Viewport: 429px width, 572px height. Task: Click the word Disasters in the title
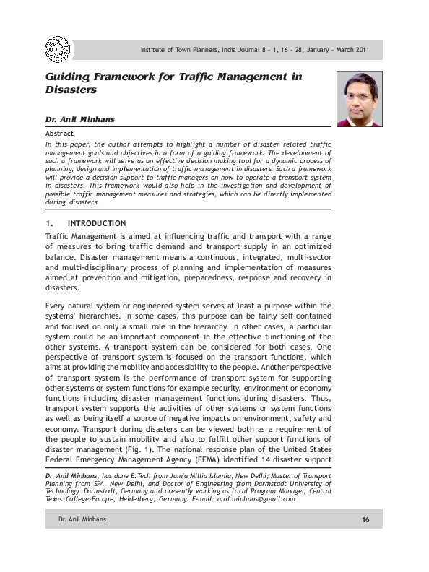click(71, 90)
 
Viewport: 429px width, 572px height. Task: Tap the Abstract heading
click(59, 134)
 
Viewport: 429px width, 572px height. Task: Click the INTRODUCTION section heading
click(97, 223)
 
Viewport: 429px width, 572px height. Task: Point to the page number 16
click(365, 521)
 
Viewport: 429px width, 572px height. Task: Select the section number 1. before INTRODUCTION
click(49, 223)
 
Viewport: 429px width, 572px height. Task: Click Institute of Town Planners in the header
click(180, 50)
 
